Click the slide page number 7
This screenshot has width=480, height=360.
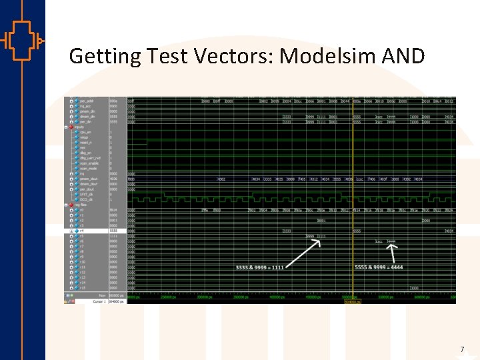(x=461, y=349)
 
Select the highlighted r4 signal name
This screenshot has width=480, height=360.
(x=82, y=231)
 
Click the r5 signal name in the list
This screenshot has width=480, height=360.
(x=82, y=236)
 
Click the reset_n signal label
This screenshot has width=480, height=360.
(x=85, y=143)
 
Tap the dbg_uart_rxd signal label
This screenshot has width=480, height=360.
(x=89, y=158)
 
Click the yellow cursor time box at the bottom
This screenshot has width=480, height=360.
(x=352, y=301)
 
